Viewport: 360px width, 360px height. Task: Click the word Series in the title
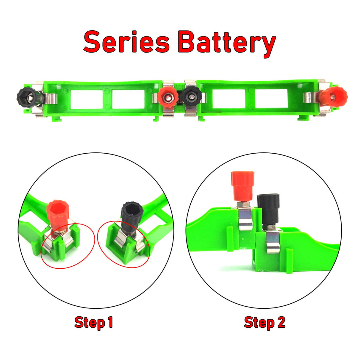tap(126, 42)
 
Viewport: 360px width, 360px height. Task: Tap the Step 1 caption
tap(94, 322)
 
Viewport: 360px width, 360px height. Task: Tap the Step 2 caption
tap(265, 322)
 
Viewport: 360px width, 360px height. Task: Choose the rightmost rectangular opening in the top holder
tap(271, 99)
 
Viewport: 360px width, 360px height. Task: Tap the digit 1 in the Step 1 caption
tap(110, 322)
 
